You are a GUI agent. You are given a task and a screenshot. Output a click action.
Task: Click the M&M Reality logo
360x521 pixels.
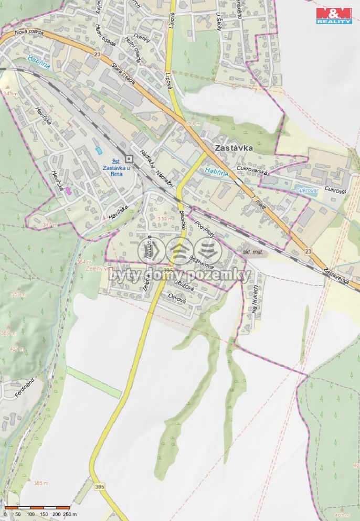coord(334,15)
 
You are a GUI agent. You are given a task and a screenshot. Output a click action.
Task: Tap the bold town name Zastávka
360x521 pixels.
coord(234,148)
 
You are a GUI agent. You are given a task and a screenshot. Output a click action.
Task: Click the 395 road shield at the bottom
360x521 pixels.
coord(100,487)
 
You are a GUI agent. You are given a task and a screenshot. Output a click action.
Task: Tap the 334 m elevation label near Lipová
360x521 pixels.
coord(193,123)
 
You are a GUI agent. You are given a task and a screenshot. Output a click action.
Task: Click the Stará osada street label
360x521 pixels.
coord(124,74)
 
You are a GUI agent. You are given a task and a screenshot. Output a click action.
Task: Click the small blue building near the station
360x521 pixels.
coord(98,151)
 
